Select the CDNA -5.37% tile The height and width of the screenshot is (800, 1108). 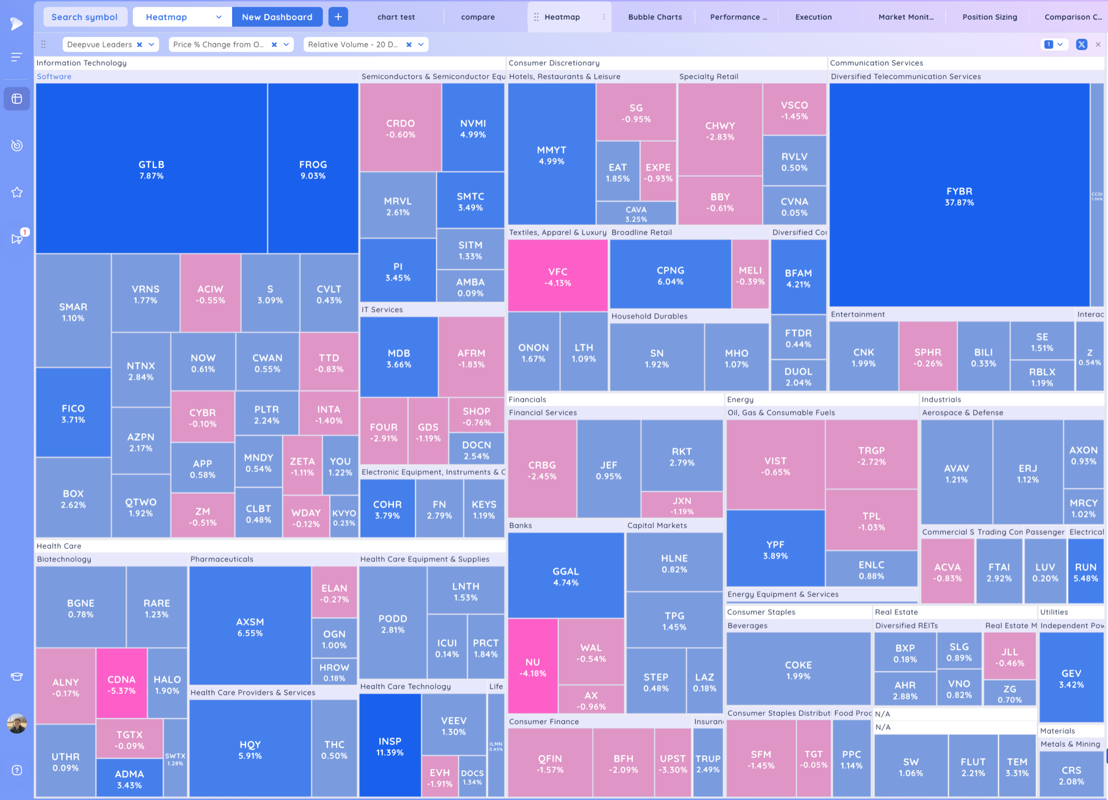pos(121,684)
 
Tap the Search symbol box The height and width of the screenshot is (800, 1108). pos(84,17)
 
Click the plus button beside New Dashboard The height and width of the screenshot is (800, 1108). pos(338,17)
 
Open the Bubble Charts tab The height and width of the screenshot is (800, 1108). pos(655,17)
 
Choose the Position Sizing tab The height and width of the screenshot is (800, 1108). pos(989,17)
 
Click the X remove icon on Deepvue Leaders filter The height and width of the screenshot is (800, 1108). pos(140,45)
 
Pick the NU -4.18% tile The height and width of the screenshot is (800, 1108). pos(532,667)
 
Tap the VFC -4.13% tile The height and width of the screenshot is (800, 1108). pos(557,277)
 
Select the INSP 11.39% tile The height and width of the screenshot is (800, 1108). pos(389,746)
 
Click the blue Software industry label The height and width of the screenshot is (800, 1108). pos(54,77)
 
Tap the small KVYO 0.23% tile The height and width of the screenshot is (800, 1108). pos(344,517)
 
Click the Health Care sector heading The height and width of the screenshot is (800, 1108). pos(59,546)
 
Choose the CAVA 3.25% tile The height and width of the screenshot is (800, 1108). pos(636,214)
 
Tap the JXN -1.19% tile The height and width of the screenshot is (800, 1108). pos(681,505)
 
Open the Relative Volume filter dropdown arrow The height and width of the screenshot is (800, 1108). pos(421,45)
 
